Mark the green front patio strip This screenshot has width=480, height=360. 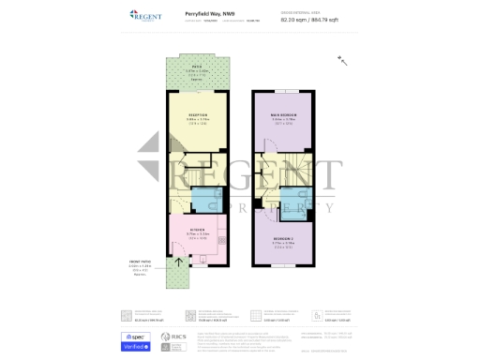click(175, 274)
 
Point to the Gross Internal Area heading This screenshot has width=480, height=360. click(326, 11)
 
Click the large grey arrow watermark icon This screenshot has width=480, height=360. click(155, 159)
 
